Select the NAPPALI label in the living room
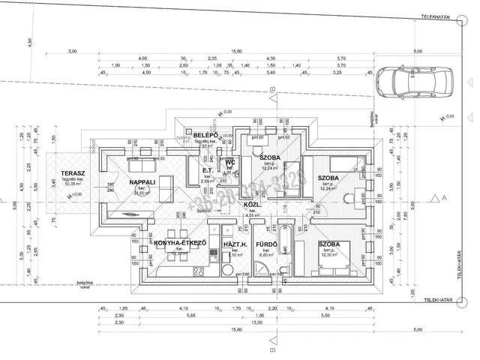(x=142, y=182)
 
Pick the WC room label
(x=231, y=161)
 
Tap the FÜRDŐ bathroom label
(x=266, y=245)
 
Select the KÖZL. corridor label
(x=252, y=204)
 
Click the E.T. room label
(x=208, y=170)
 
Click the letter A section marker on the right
(x=444, y=196)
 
